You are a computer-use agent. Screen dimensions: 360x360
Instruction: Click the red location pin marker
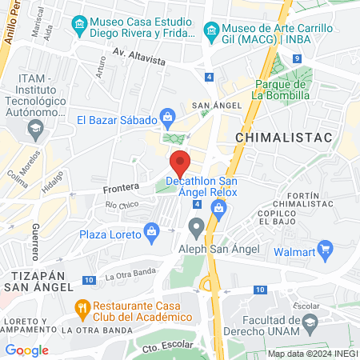point(180,164)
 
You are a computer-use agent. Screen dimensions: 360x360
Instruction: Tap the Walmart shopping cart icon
point(325,251)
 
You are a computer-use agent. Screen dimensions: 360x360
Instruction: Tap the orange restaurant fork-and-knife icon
point(82,307)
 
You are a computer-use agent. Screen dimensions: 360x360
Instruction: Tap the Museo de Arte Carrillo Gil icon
point(211,32)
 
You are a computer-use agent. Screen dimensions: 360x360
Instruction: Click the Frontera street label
point(121,190)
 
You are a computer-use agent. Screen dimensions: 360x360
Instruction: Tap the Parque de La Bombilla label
point(282,90)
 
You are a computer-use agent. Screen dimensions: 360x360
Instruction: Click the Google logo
point(27,350)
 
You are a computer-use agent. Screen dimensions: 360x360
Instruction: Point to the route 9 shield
point(296,58)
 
